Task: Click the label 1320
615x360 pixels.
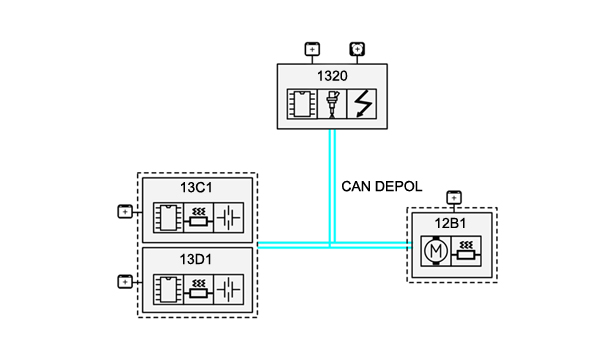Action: coord(332,76)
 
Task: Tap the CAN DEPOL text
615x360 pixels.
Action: coord(382,186)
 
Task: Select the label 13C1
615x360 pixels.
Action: coord(196,187)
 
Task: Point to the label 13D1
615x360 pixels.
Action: coord(196,259)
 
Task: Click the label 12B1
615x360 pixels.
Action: coord(450,223)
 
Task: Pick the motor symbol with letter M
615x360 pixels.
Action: coord(436,251)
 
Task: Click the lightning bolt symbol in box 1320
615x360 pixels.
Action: coord(362,104)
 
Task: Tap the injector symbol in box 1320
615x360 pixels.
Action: coord(332,104)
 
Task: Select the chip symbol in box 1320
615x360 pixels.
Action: coord(302,104)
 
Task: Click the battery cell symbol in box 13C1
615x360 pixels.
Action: coord(229,218)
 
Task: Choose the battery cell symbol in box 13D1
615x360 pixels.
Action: coord(229,290)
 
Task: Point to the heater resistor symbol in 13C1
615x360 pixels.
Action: coord(198,218)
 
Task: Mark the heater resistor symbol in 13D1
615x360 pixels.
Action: coord(198,290)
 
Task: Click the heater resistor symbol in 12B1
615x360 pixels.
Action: coord(466,251)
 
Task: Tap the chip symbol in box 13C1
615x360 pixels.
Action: coord(168,218)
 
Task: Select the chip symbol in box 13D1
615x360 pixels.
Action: coord(168,290)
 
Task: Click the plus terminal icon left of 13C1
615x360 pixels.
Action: coord(125,212)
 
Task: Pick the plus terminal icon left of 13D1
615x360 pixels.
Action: coord(125,282)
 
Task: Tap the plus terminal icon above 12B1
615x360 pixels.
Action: coord(454,198)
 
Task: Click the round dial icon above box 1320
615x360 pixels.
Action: coord(357,49)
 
